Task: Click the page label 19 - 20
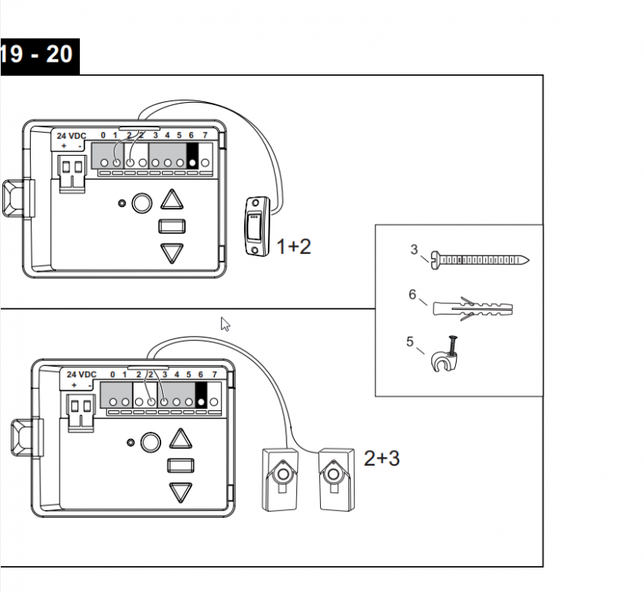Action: (x=36, y=55)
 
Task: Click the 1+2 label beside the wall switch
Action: (x=294, y=247)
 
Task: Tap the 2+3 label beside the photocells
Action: (x=382, y=458)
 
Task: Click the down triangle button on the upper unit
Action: (x=171, y=253)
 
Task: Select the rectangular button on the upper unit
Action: (x=171, y=227)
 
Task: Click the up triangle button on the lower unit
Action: (x=181, y=440)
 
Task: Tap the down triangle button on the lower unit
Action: (x=181, y=492)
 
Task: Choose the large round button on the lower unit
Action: (x=150, y=442)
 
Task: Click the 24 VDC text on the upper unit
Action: (x=71, y=136)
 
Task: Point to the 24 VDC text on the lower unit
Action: (x=81, y=374)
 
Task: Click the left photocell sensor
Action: (x=279, y=479)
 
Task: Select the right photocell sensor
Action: (x=335, y=479)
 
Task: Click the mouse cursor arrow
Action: (x=225, y=323)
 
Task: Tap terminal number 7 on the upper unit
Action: (x=205, y=136)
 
